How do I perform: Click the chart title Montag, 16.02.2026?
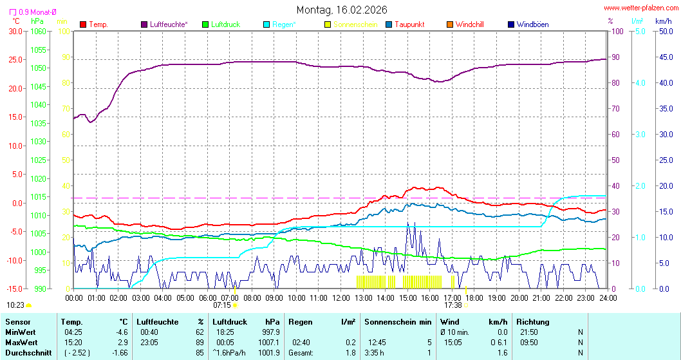(342, 10)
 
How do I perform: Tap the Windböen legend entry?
(532, 24)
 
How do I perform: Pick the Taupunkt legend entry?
(409, 24)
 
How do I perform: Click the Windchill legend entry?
(469, 24)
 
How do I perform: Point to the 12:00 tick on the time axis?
(341, 298)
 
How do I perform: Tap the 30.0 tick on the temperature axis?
(15, 31)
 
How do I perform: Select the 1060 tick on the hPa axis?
(39, 31)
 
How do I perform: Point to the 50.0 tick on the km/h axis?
(664, 31)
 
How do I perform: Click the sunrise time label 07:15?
(222, 305)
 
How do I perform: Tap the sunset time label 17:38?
(453, 305)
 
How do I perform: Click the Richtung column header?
(533, 321)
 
